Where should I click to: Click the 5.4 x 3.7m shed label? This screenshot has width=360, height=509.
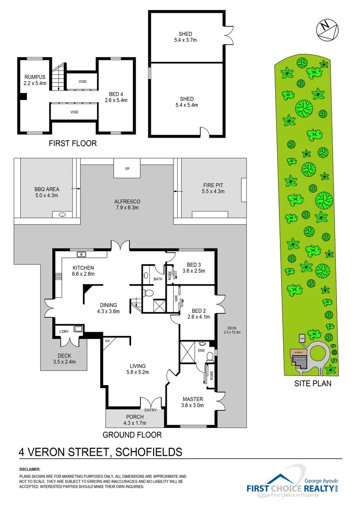coord(185,37)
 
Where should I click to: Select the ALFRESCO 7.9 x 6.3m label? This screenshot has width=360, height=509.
coord(127,205)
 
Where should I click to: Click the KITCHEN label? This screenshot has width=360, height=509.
coord(83,271)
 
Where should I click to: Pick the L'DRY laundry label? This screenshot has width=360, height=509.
coord(64,332)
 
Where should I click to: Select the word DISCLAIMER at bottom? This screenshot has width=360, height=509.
coord(30,470)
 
